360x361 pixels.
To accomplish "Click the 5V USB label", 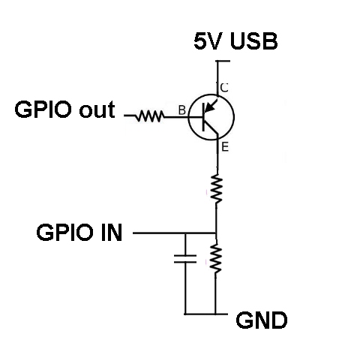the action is tap(235, 41).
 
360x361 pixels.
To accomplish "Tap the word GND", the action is tap(262, 320).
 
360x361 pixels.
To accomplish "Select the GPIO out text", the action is tap(64, 110).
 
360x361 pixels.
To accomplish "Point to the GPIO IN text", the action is tap(79, 233).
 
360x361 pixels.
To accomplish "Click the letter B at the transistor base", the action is tap(182, 110).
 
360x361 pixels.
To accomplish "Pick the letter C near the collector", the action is tap(224, 88).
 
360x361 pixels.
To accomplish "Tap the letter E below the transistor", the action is tap(225, 147).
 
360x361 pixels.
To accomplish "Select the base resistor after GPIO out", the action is tap(149, 116).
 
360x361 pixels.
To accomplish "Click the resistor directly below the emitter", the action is tap(217, 189).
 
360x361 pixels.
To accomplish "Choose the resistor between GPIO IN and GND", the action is tap(216, 258).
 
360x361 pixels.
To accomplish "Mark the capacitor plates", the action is tap(185, 259).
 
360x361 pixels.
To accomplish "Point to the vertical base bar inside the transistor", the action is tap(203, 117).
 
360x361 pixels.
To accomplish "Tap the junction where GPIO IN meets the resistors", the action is tap(216, 233).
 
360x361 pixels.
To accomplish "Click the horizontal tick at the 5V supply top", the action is tap(223, 61).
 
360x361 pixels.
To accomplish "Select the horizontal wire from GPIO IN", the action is tap(174, 233).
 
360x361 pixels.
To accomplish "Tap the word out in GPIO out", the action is tap(97, 110).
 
